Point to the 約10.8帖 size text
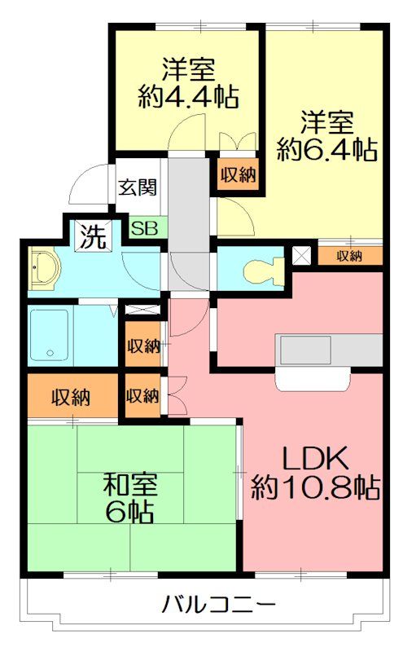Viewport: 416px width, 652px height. point(315,487)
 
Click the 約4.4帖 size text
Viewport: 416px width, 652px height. point(188,98)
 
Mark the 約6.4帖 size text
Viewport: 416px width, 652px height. point(326,149)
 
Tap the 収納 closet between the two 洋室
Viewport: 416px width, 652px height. point(237,174)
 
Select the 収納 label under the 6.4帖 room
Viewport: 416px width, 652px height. point(349,255)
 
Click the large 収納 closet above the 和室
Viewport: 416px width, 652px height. point(72,398)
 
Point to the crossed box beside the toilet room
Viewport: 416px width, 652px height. point(302,255)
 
